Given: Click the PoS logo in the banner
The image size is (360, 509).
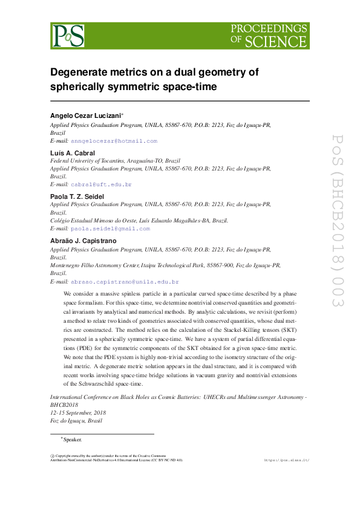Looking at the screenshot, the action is click(68, 36).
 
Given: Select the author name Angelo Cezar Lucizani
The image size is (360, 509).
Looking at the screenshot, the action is click(85, 115).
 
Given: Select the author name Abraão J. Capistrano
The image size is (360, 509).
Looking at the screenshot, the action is click(83, 241).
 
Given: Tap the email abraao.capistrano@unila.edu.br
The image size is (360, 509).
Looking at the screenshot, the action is click(125, 282).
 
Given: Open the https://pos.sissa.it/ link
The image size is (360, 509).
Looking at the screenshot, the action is click(287, 460).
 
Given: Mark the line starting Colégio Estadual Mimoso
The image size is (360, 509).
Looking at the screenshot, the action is click(139, 221).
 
